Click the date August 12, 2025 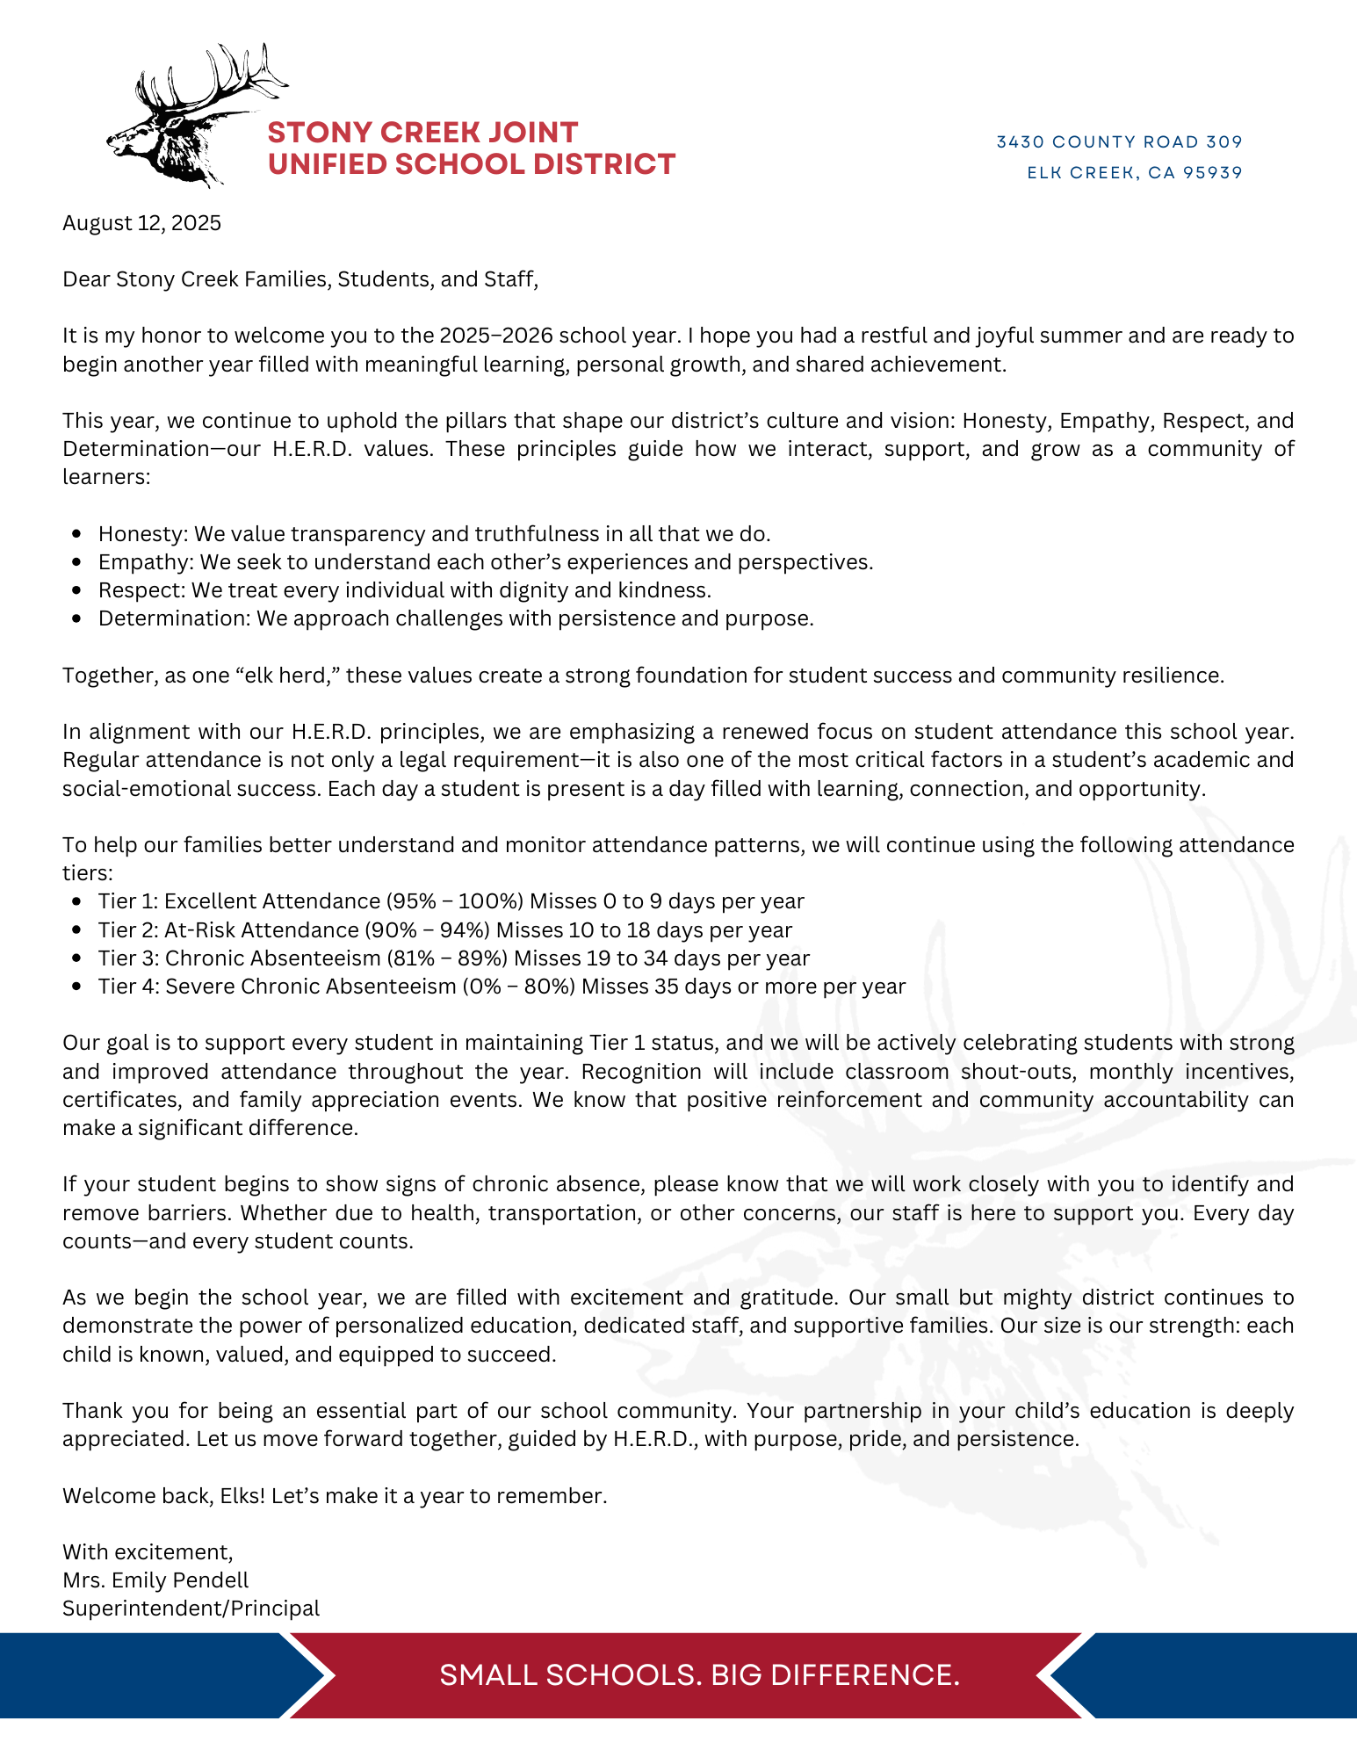point(141,223)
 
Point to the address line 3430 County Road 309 point(1119,142)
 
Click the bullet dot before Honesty point(78,533)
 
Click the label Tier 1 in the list point(127,901)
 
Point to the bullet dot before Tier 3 point(78,958)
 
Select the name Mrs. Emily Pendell point(155,1580)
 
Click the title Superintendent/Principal point(191,1609)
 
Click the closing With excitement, point(148,1552)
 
